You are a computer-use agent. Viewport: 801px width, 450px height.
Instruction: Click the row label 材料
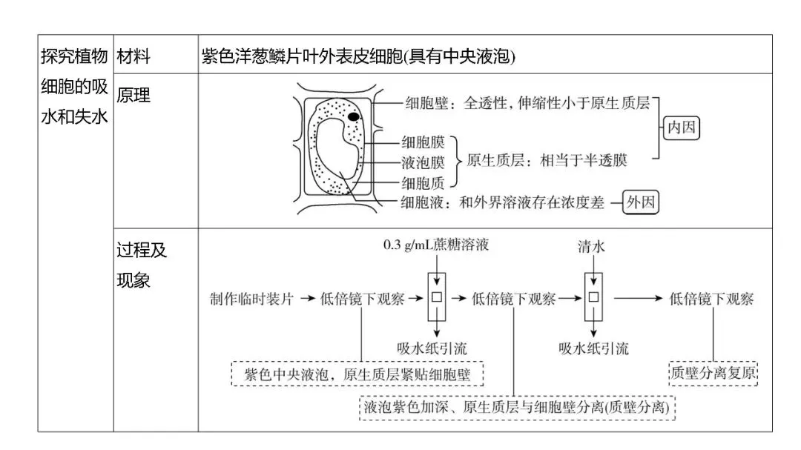(133, 57)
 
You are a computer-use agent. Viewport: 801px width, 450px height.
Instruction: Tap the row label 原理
(133, 96)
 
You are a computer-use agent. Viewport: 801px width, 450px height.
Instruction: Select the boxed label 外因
(641, 202)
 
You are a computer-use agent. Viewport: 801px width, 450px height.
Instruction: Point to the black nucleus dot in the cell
(355, 116)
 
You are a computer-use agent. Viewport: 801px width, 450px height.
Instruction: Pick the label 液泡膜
(423, 162)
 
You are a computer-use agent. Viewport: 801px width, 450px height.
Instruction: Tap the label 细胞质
(423, 181)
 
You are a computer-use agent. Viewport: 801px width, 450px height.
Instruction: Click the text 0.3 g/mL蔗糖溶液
(436, 245)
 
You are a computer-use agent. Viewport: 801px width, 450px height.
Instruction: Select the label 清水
(591, 248)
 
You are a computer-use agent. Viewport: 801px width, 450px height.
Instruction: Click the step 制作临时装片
(252, 299)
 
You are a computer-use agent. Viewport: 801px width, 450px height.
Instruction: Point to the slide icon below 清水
(593, 299)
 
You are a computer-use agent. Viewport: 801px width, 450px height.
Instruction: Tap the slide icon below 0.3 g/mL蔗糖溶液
(438, 299)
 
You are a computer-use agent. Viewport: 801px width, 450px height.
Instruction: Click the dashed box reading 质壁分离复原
(713, 372)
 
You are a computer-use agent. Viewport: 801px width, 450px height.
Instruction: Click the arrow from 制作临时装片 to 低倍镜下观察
(307, 299)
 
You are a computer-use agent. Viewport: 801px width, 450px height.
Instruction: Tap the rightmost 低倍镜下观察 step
(712, 299)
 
